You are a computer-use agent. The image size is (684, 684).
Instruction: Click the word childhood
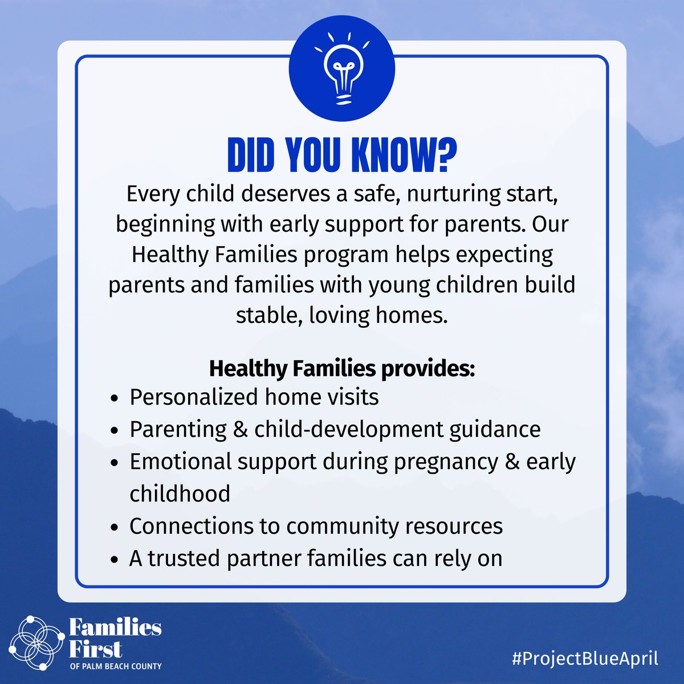coord(180,493)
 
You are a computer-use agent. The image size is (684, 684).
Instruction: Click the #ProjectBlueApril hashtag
coord(585,658)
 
